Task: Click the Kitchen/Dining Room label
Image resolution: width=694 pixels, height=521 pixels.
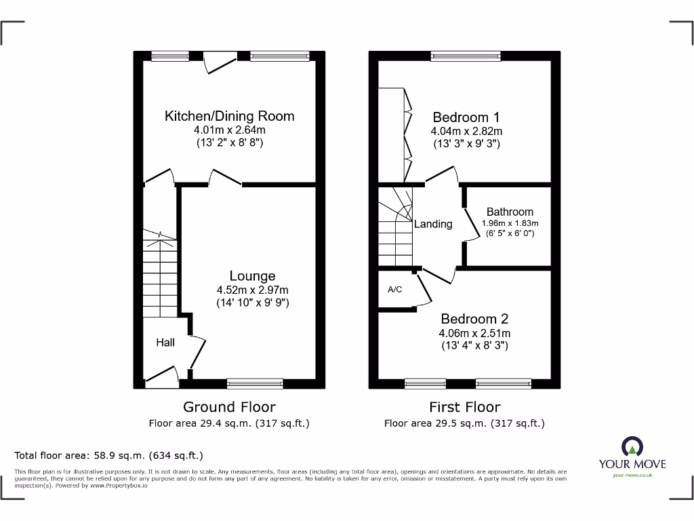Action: point(229,116)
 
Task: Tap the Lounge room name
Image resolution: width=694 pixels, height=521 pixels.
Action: point(252,276)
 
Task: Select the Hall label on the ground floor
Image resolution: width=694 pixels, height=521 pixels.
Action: point(165,343)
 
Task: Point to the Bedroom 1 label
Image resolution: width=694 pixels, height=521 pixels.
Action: point(466,117)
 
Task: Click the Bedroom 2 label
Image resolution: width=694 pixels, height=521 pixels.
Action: point(474,319)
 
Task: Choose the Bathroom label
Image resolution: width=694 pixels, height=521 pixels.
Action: point(510,212)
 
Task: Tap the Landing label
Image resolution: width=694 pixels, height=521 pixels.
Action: point(433,224)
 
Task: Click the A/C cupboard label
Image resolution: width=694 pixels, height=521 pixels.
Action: point(394,290)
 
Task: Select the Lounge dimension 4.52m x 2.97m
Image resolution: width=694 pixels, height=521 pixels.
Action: point(252,290)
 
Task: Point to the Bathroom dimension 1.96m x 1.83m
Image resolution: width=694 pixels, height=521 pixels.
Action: point(510,223)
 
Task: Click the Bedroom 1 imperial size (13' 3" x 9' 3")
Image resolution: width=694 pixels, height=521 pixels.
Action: point(466,144)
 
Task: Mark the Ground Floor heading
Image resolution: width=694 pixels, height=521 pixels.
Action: point(229,407)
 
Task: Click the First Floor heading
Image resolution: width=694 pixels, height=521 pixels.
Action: point(464,407)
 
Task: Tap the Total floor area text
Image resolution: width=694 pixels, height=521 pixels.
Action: point(108,456)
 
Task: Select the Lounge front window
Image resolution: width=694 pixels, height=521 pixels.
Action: point(255,384)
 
